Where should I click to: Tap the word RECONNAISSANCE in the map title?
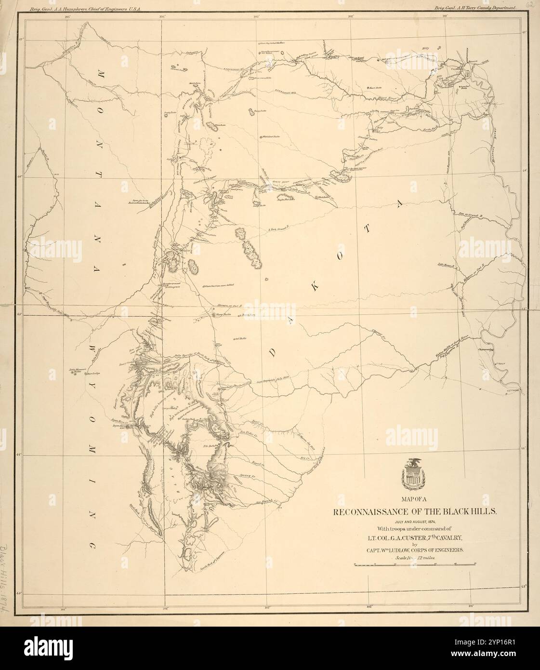[x=376, y=512]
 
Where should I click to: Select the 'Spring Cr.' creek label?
[x=247, y=475]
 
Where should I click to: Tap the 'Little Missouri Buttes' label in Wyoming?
[x=75, y=371]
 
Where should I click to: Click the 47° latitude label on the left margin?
[x=21, y=40]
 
